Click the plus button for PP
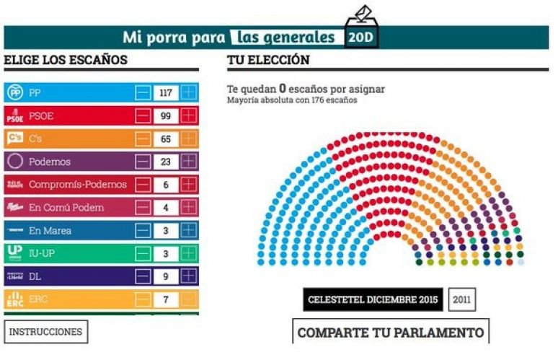(x=189, y=92)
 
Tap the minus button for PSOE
(x=143, y=115)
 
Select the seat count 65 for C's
(x=166, y=139)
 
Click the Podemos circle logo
(x=14, y=162)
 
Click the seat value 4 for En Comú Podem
(x=166, y=208)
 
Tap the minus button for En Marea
(x=143, y=231)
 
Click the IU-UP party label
(x=43, y=254)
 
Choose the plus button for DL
(x=189, y=276)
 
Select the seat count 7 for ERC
(x=166, y=299)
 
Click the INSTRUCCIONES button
(x=46, y=332)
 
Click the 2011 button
(x=461, y=299)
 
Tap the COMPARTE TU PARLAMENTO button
(x=390, y=333)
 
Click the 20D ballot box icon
(x=361, y=30)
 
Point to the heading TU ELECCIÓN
(x=268, y=60)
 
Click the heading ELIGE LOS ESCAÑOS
(x=66, y=60)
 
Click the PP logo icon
(x=14, y=92)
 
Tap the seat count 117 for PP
(x=166, y=92)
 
